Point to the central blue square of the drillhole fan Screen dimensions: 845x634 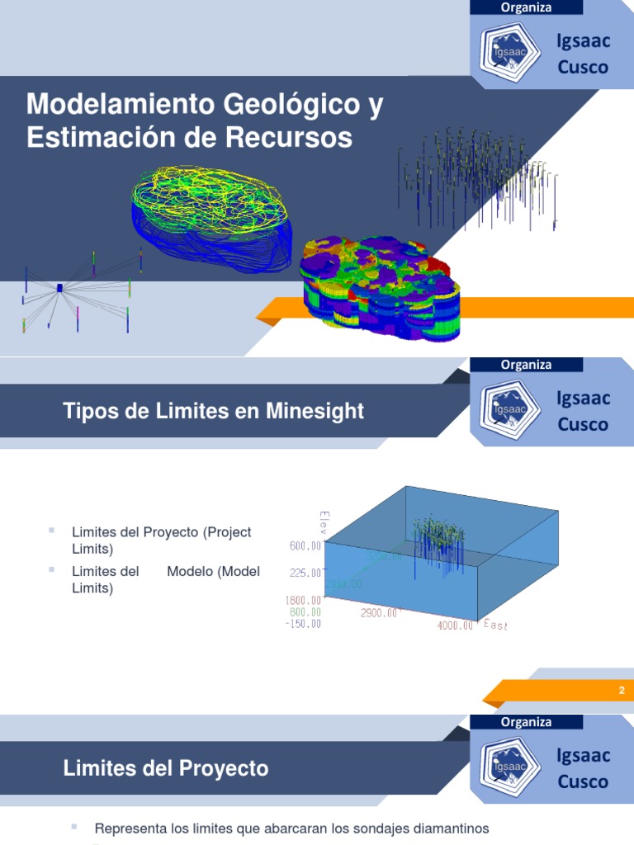point(59,287)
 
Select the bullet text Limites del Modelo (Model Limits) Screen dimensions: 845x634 point(165,579)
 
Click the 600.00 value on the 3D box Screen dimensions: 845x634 point(304,546)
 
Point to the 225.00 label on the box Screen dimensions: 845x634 point(305,573)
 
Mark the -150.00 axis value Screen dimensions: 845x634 point(303,624)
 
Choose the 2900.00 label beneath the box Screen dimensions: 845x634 point(379,613)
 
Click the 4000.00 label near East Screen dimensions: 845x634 point(456,625)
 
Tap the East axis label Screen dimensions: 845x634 point(495,625)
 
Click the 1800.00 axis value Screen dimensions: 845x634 point(304,601)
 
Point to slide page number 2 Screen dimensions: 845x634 point(622,691)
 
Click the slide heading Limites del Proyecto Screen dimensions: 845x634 point(166,768)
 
